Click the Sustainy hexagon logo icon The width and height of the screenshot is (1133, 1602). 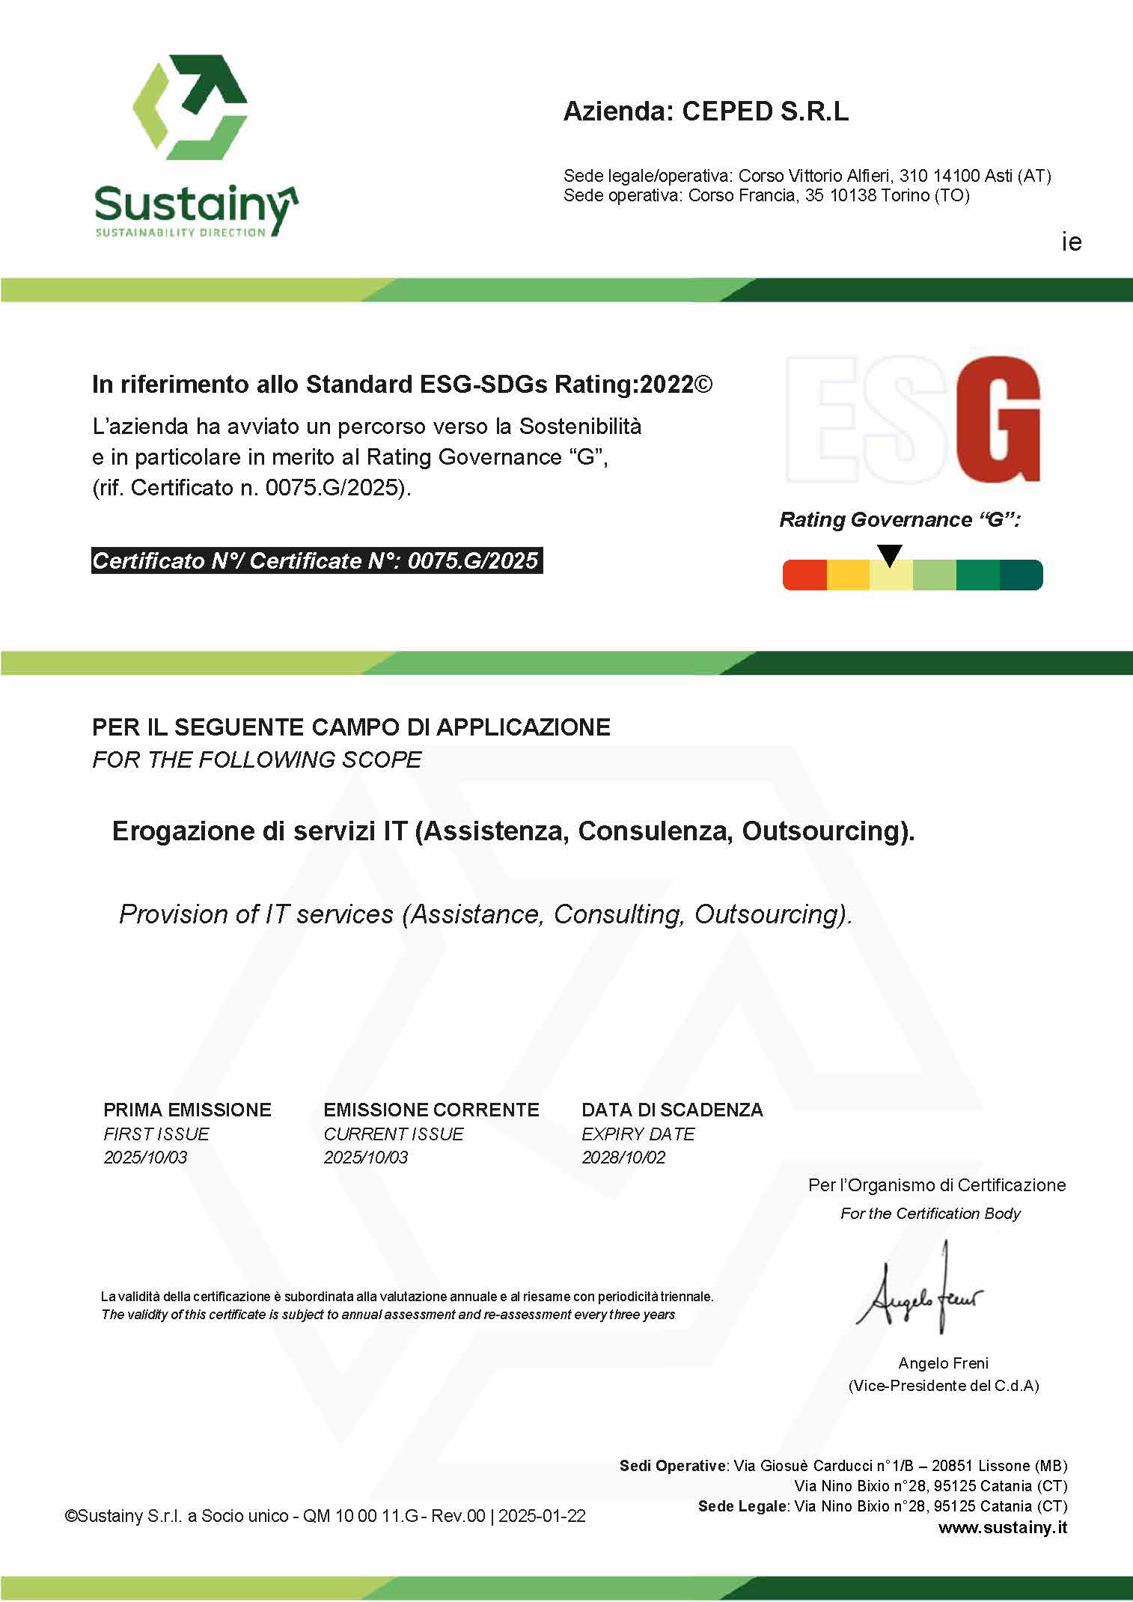(191, 106)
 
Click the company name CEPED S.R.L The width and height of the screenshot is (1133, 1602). (765, 111)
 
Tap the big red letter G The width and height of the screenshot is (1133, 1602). (998, 420)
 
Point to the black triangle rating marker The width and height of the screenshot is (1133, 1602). (890, 554)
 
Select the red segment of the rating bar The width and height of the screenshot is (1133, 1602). (804, 575)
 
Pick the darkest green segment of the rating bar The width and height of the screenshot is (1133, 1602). (1021, 575)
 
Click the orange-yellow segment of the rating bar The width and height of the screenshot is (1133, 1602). (848, 575)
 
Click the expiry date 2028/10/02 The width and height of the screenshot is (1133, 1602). (623, 1157)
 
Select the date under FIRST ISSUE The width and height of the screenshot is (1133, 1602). (145, 1157)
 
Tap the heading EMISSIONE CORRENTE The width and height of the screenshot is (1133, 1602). (431, 1110)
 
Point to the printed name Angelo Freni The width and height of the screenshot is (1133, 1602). (943, 1363)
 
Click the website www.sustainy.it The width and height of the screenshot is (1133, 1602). (1003, 1527)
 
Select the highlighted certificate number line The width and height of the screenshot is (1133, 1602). (316, 560)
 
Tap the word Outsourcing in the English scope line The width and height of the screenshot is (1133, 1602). (772, 914)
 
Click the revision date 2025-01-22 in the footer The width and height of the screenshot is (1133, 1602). (542, 1516)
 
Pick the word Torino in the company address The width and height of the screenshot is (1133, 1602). (906, 196)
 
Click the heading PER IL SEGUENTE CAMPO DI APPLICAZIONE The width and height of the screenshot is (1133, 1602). (351, 727)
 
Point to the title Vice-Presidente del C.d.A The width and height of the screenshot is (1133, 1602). (943, 1385)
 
